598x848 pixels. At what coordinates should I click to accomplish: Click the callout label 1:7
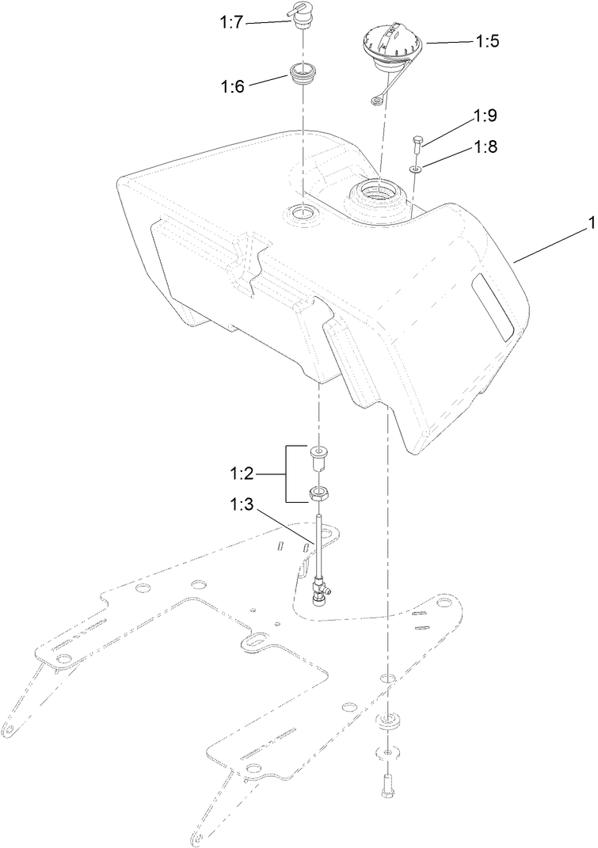[231, 24]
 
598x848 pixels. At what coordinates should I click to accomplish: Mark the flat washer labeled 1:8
[416, 169]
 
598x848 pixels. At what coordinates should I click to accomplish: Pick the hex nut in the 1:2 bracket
[318, 495]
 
